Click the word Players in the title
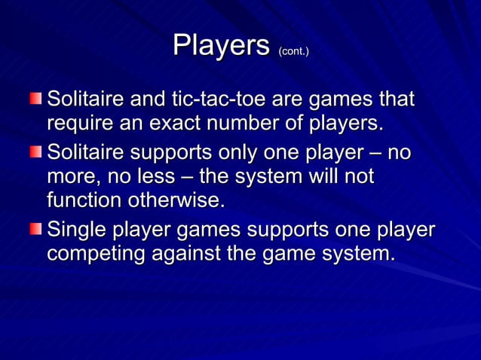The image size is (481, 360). [221, 46]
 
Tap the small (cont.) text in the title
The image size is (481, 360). [293, 51]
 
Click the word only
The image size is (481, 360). [251, 153]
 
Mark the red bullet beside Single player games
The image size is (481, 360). [35, 228]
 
